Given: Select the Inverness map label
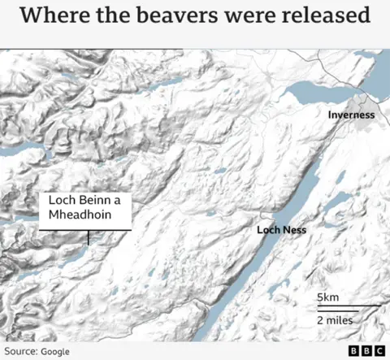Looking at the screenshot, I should coord(351,115).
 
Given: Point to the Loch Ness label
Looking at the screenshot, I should coord(281,230).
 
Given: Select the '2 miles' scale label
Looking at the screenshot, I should coord(335,320).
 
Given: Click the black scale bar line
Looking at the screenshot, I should coord(348,307).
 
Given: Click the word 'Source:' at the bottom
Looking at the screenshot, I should coord(20,351).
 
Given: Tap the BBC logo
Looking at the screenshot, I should coord(366,351).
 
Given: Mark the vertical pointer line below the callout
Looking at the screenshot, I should coord(88,237).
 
